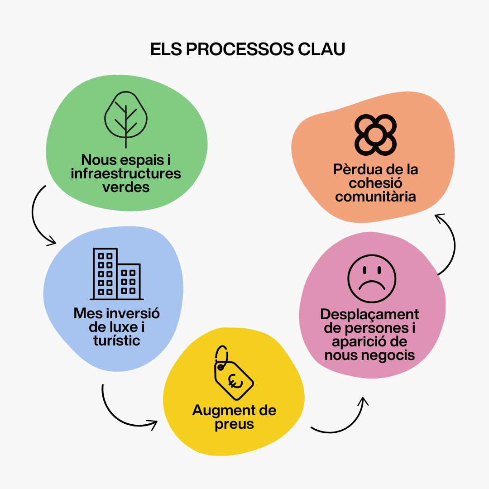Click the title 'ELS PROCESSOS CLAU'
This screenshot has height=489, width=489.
248,50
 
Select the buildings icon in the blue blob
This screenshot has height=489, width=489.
117,274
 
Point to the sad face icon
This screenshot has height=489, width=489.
372,278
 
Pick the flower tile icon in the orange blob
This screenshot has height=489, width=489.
375,134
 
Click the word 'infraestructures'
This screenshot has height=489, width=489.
126,173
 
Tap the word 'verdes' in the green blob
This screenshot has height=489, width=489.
126,187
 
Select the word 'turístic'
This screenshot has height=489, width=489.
117,340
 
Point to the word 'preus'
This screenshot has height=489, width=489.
234,425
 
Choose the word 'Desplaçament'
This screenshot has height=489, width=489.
369,314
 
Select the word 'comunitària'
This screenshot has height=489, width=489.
376,197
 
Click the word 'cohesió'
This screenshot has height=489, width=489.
375,183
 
